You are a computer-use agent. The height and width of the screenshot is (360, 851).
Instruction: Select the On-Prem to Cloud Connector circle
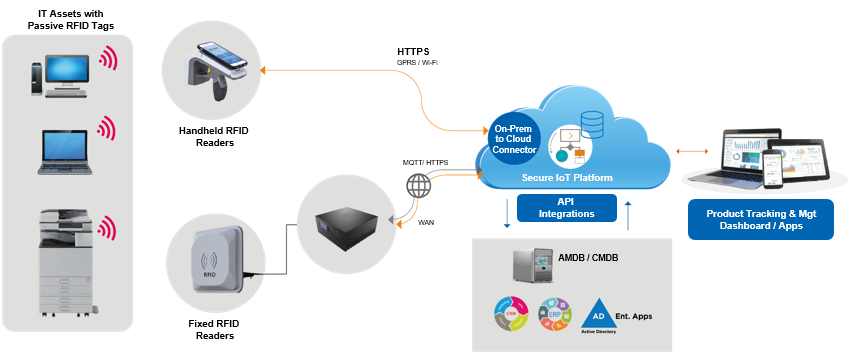[x=514, y=138]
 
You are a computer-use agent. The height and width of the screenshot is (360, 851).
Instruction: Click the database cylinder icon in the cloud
[x=592, y=122]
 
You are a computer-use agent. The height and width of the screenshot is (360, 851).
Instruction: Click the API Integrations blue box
[x=568, y=208]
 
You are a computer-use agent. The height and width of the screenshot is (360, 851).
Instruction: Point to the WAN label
[x=427, y=222]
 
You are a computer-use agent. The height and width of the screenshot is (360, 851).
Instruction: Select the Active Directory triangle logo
[x=596, y=313]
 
